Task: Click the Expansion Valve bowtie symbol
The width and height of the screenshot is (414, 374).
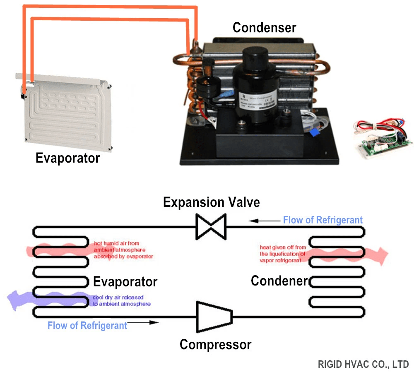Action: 211,226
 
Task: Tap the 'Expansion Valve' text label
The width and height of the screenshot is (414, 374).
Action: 211,202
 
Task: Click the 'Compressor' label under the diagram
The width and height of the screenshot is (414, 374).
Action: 215,344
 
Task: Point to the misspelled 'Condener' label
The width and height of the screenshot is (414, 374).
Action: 279,281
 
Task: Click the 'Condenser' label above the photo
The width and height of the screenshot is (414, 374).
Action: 264,28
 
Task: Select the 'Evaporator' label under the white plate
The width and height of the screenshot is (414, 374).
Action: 67,158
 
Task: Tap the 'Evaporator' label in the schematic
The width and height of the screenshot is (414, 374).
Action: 125,282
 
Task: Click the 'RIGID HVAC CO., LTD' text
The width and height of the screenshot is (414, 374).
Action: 363,364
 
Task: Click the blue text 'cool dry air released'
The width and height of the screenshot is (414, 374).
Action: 118,297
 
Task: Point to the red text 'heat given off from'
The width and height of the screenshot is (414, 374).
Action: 283,247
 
